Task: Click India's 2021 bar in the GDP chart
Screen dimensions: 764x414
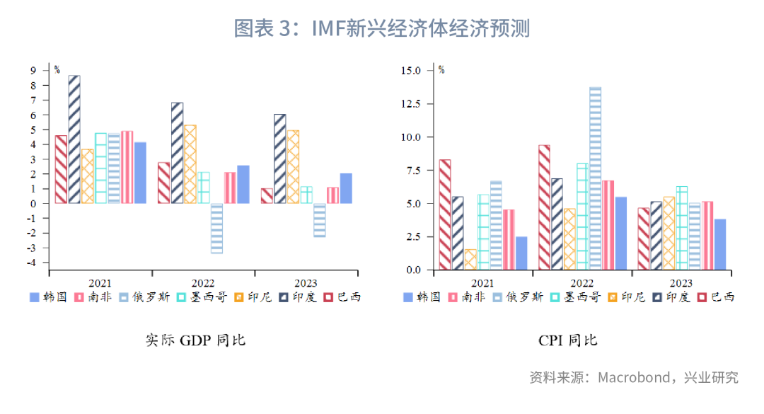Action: tap(74, 139)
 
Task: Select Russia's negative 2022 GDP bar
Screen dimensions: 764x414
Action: tap(217, 228)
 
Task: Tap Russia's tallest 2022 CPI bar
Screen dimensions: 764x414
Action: tap(595, 178)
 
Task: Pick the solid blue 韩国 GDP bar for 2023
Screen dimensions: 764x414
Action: tap(346, 188)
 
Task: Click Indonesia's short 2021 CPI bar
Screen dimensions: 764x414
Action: tap(470, 260)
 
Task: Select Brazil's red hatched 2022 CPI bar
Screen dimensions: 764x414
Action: tap(544, 207)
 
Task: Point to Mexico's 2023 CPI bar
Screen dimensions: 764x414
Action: tap(682, 228)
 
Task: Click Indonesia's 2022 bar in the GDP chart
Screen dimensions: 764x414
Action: tap(190, 164)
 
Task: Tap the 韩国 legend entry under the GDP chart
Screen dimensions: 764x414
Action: tap(48, 297)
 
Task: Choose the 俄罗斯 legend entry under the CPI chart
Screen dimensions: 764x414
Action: tap(518, 297)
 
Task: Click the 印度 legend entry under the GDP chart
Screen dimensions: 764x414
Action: tap(298, 297)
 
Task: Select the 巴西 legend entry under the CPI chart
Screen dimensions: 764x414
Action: tap(716, 297)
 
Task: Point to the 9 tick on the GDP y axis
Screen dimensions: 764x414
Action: tap(33, 71)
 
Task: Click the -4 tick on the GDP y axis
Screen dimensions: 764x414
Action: tap(31, 263)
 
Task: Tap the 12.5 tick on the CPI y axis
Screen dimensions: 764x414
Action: tap(410, 104)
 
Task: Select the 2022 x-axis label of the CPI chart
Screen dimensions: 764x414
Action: tap(581, 283)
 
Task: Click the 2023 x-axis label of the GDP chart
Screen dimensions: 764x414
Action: tap(306, 283)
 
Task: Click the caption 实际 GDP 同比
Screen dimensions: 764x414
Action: tap(195, 340)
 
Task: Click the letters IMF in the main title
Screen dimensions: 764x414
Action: tap(329, 28)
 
